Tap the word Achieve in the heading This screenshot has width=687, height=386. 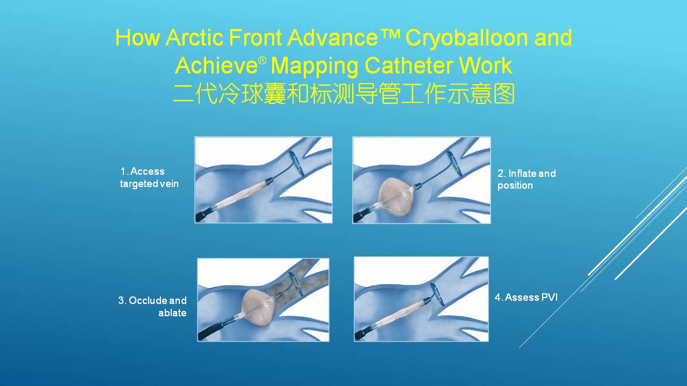tap(216, 65)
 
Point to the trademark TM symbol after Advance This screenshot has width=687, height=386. tap(390, 33)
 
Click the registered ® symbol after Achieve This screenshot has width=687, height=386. tap(262, 60)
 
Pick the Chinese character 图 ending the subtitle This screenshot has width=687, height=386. tap(504, 94)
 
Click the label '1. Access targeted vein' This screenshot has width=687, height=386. tap(149, 177)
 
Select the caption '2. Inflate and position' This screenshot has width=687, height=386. tap(527, 179)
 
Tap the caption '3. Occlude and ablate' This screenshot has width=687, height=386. tap(152, 306)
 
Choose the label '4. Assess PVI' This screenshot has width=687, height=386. tap(527, 297)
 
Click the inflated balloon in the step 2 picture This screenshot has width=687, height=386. tap(396, 196)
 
